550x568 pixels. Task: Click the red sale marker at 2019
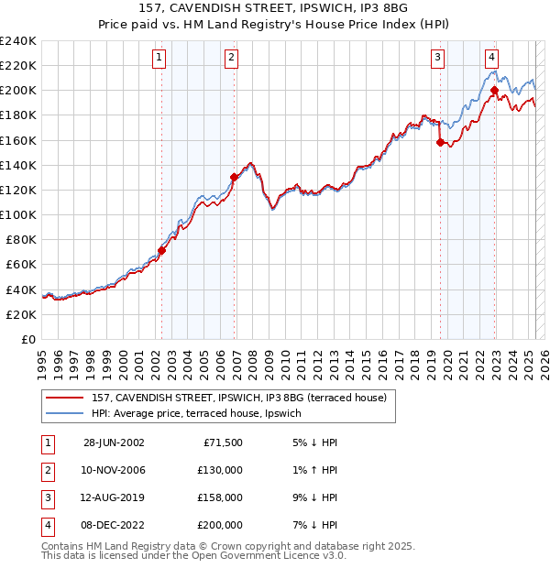point(440,142)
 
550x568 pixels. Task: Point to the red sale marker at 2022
point(494,91)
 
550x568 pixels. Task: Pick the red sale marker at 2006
point(234,177)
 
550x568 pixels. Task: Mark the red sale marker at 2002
point(162,250)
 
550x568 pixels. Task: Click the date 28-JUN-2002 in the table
point(114,442)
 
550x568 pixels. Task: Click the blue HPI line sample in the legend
point(65,413)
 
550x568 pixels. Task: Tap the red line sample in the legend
point(65,398)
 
